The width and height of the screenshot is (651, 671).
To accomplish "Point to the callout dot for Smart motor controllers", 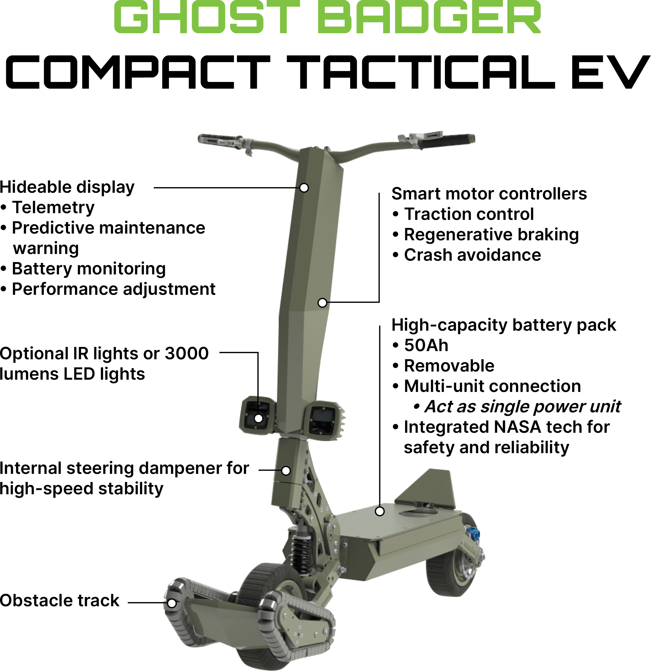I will click(x=322, y=303).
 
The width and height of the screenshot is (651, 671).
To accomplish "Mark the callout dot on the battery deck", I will click(x=380, y=511).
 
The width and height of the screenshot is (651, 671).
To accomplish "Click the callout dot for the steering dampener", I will click(x=286, y=470).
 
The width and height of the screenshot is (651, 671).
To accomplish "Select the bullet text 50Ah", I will click(x=426, y=345).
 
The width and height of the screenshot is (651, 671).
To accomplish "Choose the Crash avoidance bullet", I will click(x=472, y=255).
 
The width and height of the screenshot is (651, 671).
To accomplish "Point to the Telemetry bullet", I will click(x=53, y=207).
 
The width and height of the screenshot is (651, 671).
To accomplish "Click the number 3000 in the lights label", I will click(x=186, y=353).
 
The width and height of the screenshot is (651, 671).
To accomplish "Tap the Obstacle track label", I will click(x=59, y=600).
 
